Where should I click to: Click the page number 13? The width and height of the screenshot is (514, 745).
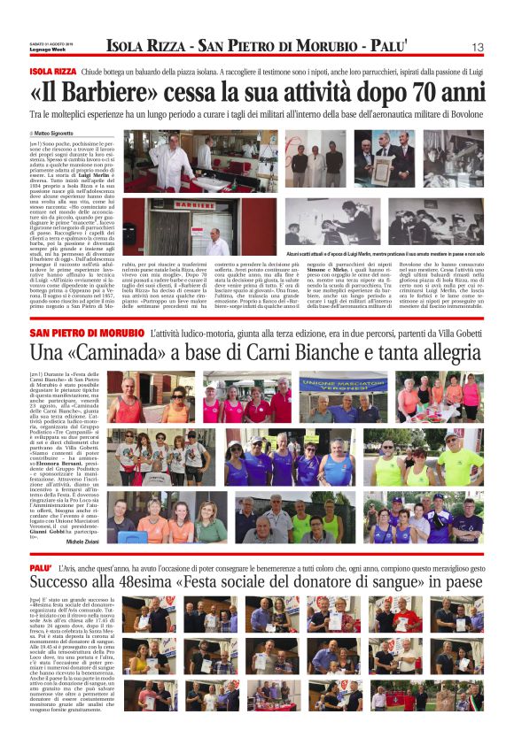click(x=477, y=46)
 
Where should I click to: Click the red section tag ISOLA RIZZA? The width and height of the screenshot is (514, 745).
click(x=52, y=71)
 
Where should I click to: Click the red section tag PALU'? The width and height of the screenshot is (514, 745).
click(x=40, y=565)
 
